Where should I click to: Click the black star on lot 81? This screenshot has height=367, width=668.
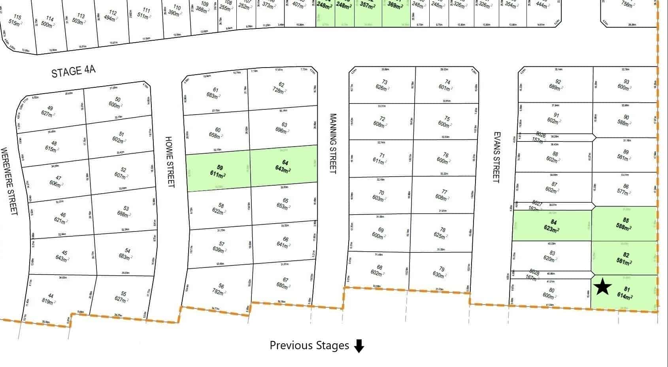click(x=602, y=286)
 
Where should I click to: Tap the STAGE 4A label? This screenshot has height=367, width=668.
click(x=74, y=72)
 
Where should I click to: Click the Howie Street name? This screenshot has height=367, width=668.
click(x=170, y=162)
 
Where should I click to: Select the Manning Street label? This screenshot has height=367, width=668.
click(x=333, y=143)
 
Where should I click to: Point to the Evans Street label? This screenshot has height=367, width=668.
click(x=497, y=157)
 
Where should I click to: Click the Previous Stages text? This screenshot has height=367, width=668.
click(x=309, y=346)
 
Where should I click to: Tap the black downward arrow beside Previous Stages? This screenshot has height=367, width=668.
click(x=359, y=346)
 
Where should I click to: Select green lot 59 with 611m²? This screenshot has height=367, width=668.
click(x=218, y=171)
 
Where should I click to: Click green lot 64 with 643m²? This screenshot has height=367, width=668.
click(x=283, y=166)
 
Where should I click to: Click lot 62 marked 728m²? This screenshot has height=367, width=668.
click(x=280, y=88)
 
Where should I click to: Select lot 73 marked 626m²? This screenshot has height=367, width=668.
click(x=383, y=85)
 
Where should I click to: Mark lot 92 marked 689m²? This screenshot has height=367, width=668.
click(x=556, y=85)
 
